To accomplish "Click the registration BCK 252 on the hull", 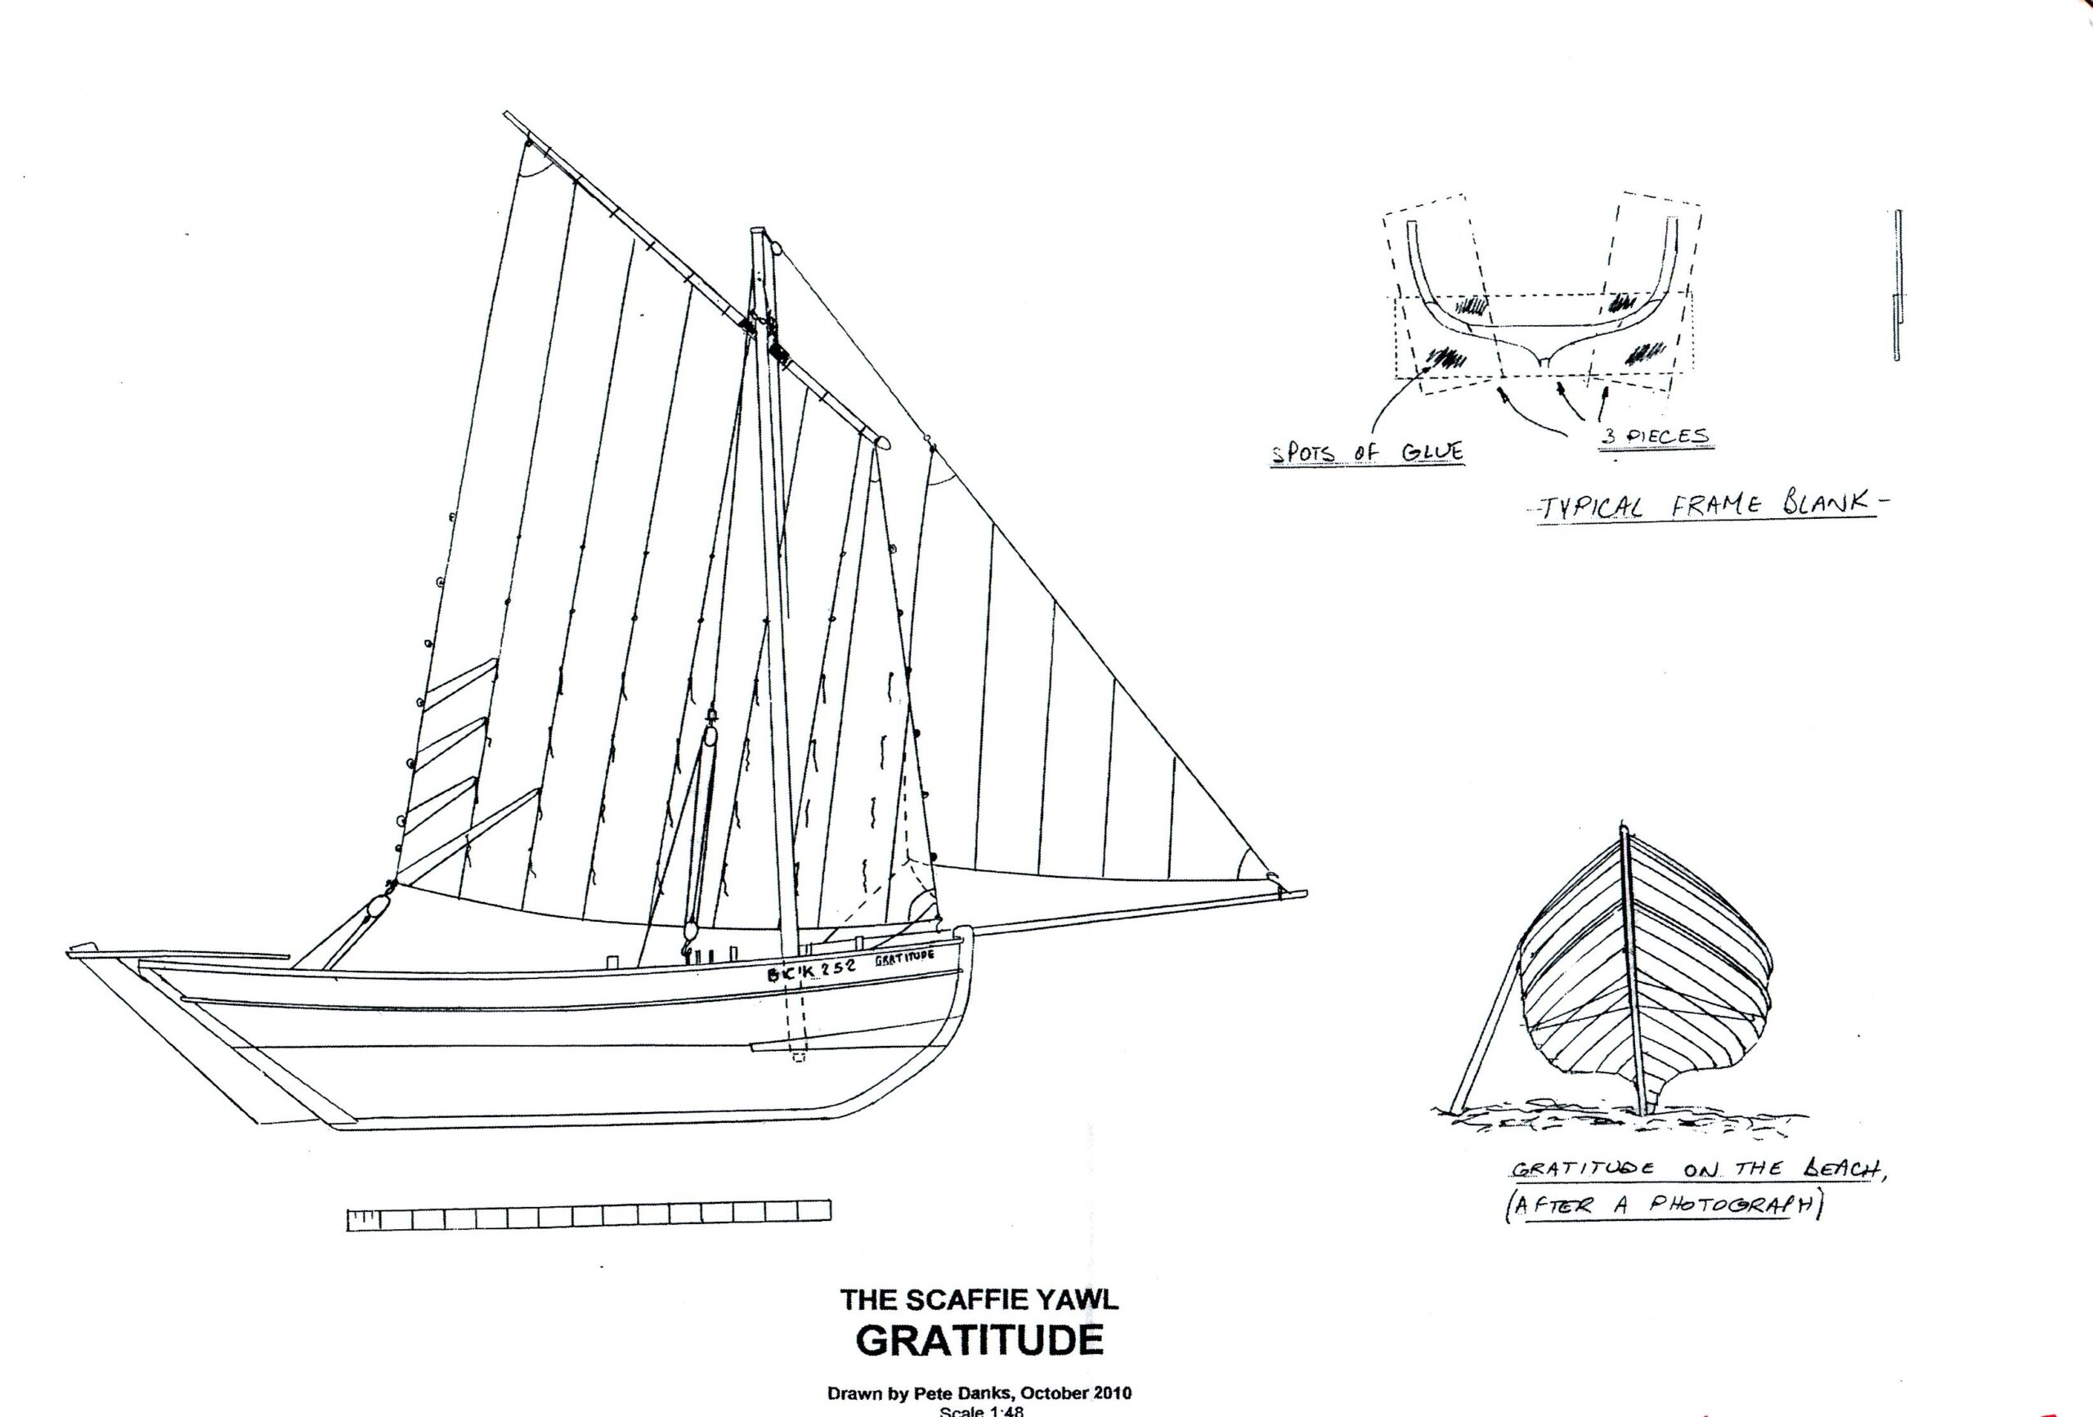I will pos(811,972).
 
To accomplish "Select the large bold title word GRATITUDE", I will pos(979,1340).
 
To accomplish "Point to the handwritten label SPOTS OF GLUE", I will pos(1366,453).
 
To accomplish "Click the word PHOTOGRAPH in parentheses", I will pos(1730,1205).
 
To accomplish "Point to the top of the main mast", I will pos(757,232).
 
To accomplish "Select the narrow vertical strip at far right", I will pos(1896,285).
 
